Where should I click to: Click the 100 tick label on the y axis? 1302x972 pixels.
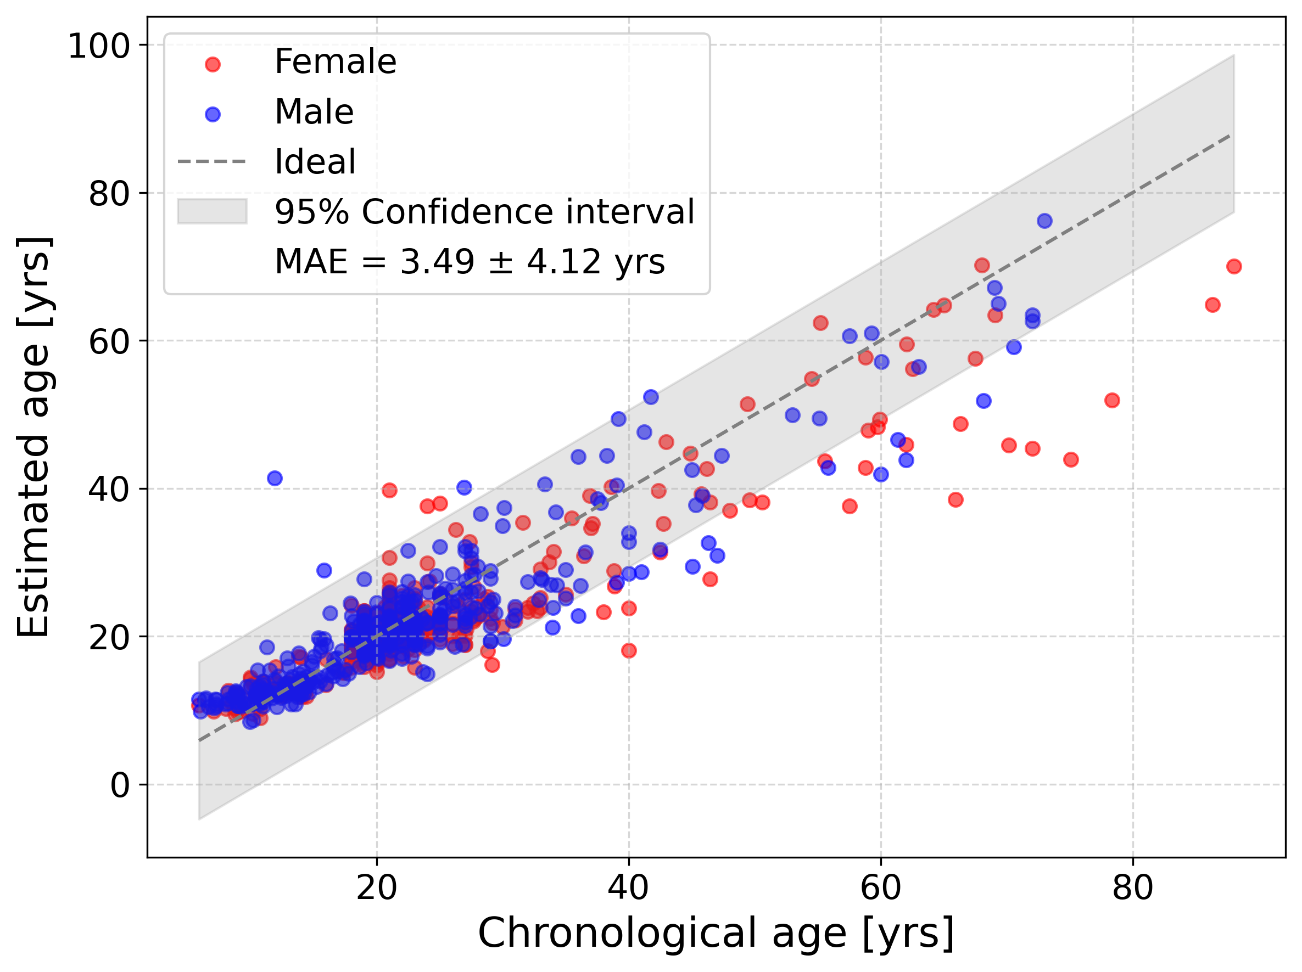pyautogui.click(x=98, y=46)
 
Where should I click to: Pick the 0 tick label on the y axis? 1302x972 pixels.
pyautogui.click(x=120, y=785)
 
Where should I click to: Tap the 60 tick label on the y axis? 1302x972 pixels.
pyautogui.click(x=109, y=341)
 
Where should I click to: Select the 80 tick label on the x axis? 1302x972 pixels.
pyautogui.click(x=1132, y=889)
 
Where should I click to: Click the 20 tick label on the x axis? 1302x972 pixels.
pyautogui.click(x=377, y=889)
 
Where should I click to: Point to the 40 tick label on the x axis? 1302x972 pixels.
pyautogui.click(x=629, y=889)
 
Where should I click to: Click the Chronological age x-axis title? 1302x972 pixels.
pyautogui.click(x=716, y=934)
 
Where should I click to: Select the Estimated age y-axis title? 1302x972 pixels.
pyautogui.click(x=33, y=437)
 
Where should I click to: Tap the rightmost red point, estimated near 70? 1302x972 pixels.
pyautogui.click(x=1234, y=267)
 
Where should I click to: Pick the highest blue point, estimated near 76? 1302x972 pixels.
pyautogui.click(x=1045, y=221)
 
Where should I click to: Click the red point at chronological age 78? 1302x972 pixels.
pyautogui.click(x=1112, y=401)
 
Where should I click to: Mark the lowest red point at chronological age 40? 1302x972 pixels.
pyautogui.click(x=629, y=651)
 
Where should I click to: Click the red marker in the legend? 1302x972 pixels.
pyautogui.click(x=213, y=64)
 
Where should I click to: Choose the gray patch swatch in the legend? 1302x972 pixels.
pyautogui.click(x=212, y=211)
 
